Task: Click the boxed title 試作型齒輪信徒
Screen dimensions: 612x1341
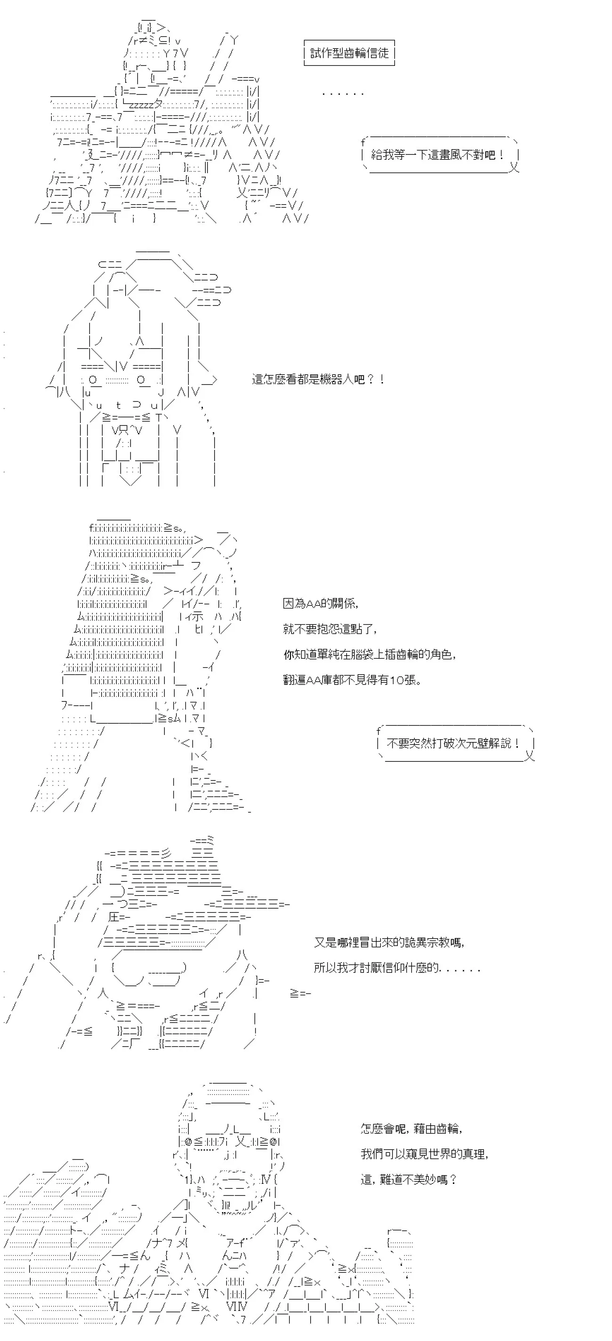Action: click(349, 53)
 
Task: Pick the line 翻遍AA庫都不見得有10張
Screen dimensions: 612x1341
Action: click(352, 680)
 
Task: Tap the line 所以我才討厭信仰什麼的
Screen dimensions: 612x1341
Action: click(397, 968)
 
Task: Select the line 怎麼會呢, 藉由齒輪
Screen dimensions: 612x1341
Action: click(411, 1129)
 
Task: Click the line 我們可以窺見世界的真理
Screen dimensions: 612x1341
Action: click(425, 1154)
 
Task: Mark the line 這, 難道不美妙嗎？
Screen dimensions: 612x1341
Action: click(409, 1180)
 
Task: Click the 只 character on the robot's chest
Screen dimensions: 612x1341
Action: click(123, 430)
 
